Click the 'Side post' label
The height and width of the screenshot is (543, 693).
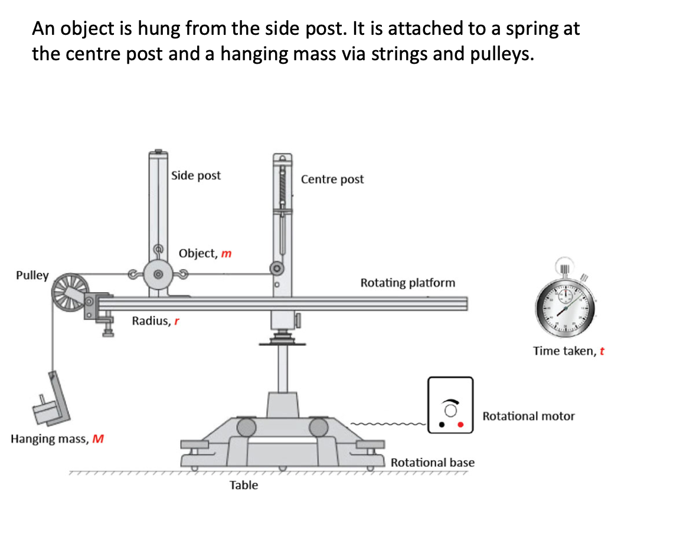195,175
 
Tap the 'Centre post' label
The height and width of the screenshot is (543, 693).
332,179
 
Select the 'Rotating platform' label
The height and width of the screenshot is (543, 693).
407,283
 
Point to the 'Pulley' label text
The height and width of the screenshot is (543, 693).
32,276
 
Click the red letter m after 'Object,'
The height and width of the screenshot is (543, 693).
226,254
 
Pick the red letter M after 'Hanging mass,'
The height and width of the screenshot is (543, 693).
99,439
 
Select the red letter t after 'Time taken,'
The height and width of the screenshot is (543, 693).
602,351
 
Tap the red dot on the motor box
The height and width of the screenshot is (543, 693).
461,424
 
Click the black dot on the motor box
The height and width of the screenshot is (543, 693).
441,424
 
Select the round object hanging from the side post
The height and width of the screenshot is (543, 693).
158,274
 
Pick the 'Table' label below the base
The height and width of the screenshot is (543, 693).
244,485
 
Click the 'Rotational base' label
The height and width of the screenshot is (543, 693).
432,462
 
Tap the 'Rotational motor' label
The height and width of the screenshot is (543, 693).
528,416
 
